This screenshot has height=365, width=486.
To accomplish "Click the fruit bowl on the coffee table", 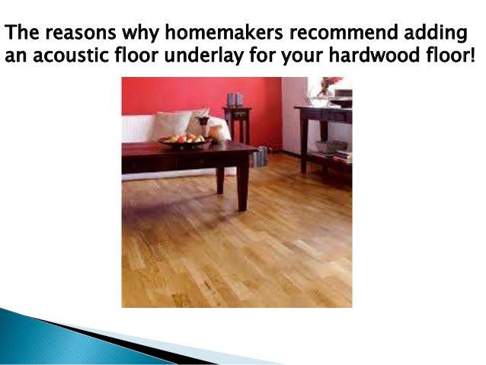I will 183,140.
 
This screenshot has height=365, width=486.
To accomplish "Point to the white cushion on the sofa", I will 171,123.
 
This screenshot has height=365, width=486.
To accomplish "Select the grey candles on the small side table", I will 234,99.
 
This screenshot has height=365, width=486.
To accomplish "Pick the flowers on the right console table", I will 329,85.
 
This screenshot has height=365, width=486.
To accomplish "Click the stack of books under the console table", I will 343,157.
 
